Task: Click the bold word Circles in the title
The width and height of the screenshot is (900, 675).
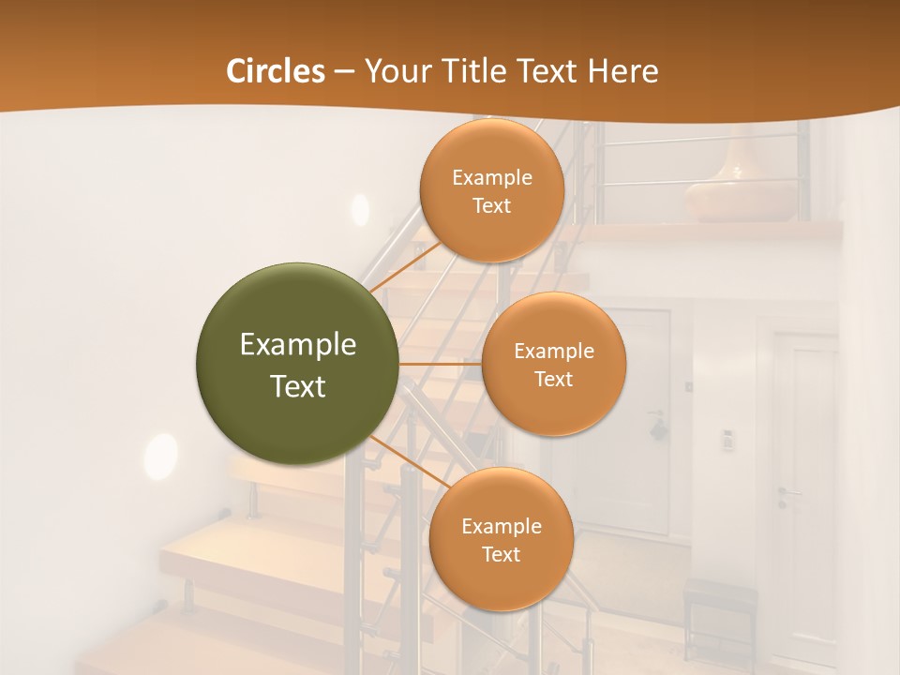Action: [277, 71]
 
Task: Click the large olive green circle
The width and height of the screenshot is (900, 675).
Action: [298, 364]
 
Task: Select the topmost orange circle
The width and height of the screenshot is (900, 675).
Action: [491, 190]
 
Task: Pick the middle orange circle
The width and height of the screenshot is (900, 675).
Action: [553, 364]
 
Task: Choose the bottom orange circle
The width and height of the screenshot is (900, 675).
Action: [501, 539]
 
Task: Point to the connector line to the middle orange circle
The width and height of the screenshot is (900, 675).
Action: [441, 364]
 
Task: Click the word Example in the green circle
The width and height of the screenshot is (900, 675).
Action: [298, 345]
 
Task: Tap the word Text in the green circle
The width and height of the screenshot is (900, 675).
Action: [298, 386]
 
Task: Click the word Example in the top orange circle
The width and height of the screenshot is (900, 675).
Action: [491, 178]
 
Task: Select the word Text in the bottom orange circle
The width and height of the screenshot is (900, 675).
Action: [501, 554]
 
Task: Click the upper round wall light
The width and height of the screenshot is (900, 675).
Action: [360, 209]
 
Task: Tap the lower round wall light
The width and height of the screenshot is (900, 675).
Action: [160, 457]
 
